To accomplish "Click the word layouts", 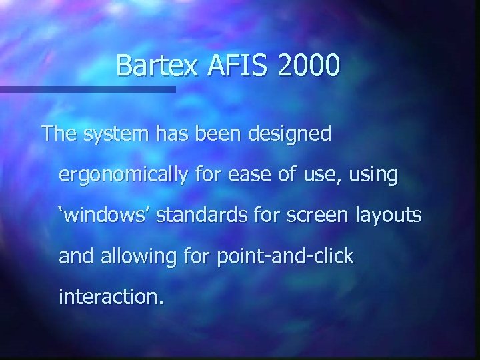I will point(387,217).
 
